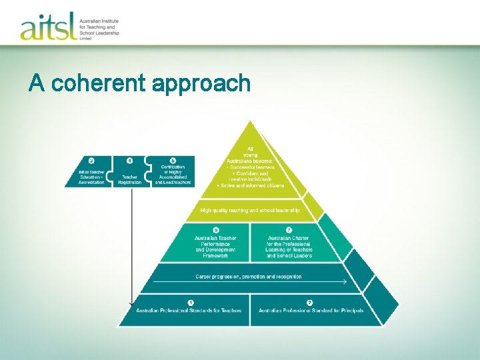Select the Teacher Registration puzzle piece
click(129, 172)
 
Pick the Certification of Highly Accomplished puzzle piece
click(173, 172)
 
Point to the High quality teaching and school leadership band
click(250, 211)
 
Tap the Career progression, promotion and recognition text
click(248, 276)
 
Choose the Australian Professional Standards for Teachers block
click(189, 310)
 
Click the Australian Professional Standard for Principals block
click(311, 310)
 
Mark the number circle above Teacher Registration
click(129, 161)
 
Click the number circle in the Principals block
click(309, 302)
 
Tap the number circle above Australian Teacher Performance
click(215, 230)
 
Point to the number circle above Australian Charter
click(289, 230)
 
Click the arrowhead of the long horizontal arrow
click(345, 282)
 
